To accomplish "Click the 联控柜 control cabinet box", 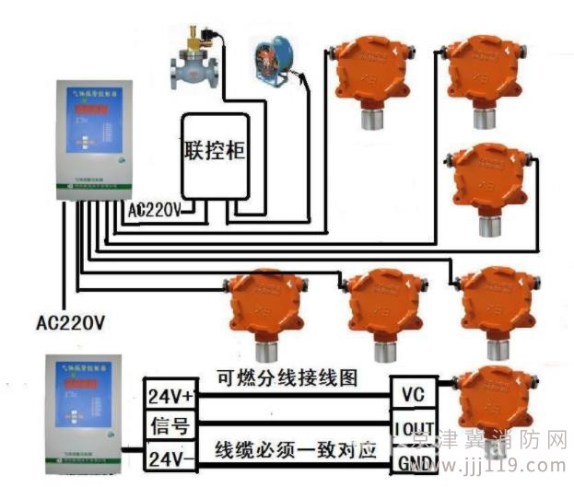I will coord(215,154).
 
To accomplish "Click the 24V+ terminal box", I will coord(170,397).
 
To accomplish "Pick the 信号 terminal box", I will coord(169,425).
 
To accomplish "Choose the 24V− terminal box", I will coord(170,456).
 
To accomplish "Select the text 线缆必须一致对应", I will coord(297,451).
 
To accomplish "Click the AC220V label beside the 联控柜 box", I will coord(155,210).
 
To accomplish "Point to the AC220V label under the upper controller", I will coord(70,324).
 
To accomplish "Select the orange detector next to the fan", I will coord(368,75).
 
